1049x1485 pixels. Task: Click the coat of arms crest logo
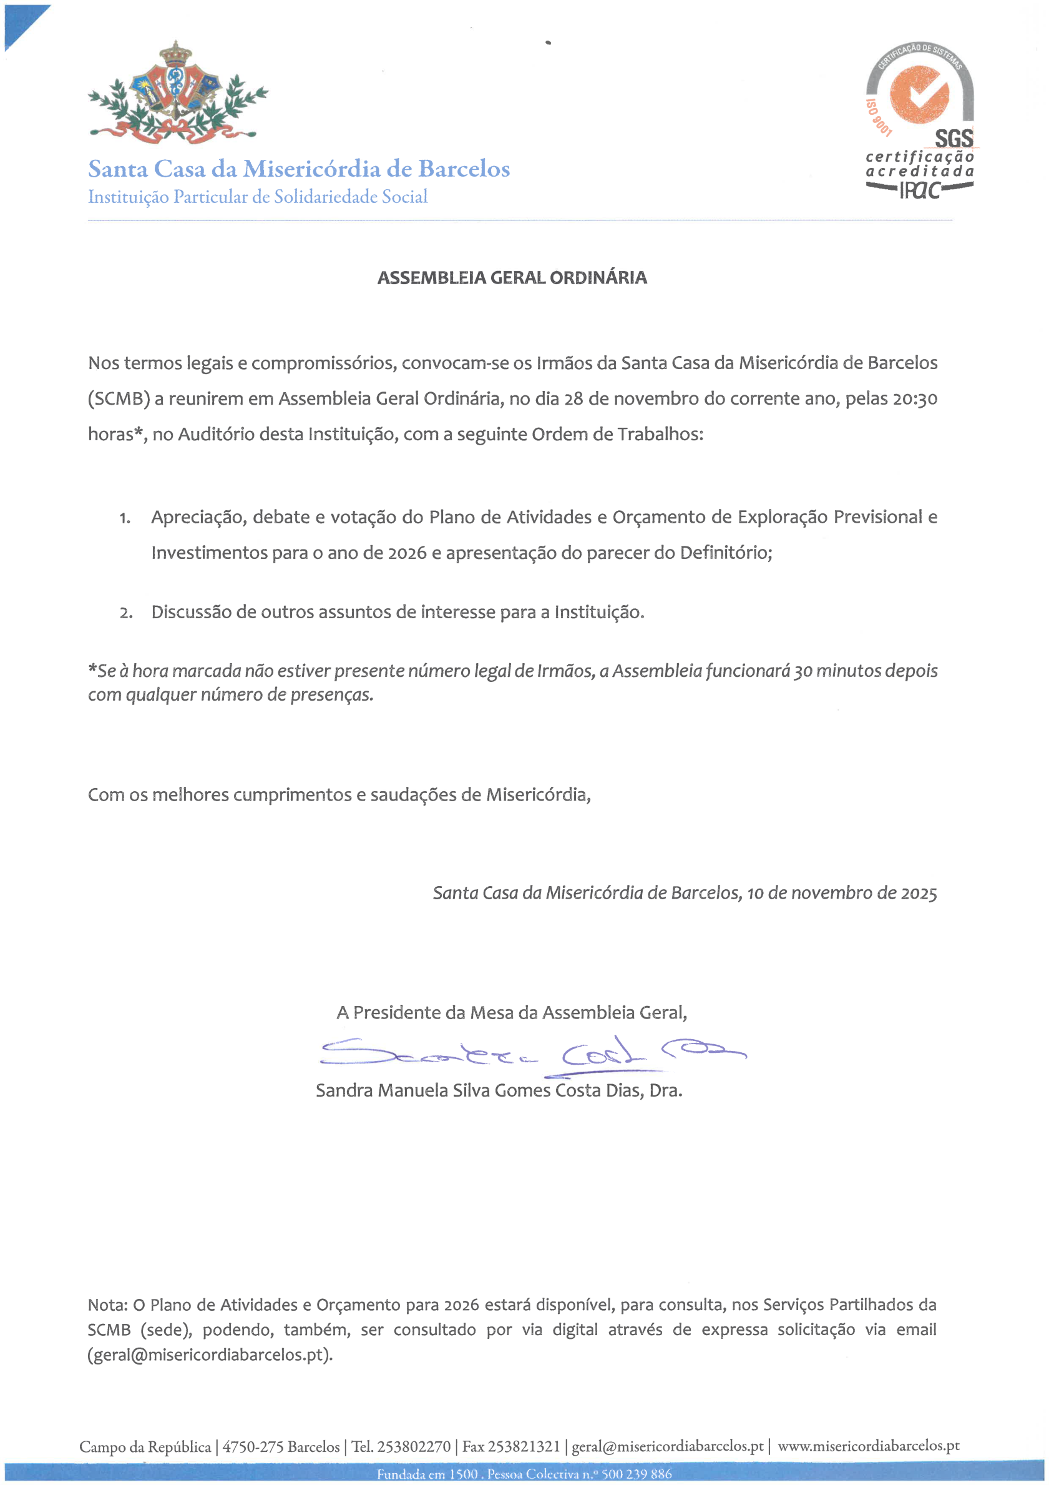pyautogui.click(x=177, y=93)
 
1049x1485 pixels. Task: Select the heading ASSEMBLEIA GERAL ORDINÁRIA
pyautogui.click(x=512, y=278)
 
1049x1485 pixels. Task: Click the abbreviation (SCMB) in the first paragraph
pyautogui.click(x=119, y=399)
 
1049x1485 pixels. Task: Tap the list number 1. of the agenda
pyautogui.click(x=125, y=518)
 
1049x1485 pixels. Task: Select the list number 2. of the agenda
pyautogui.click(x=125, y=613)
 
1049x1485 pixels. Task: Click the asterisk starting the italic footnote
pyautogui.click(x=92, y=669)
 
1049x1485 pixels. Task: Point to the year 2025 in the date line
pyautogui.click(x=919, y=894)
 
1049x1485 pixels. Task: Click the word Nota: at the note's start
pyautogui.click(x=108, y=1305)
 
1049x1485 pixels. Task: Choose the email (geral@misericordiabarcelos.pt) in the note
pyautogui.click(x=210, y=1355)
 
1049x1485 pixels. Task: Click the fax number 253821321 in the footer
pyautogui.click(x=524, y=1447)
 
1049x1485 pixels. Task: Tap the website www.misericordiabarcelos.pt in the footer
pyautogui.click(x=868, y=1446)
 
